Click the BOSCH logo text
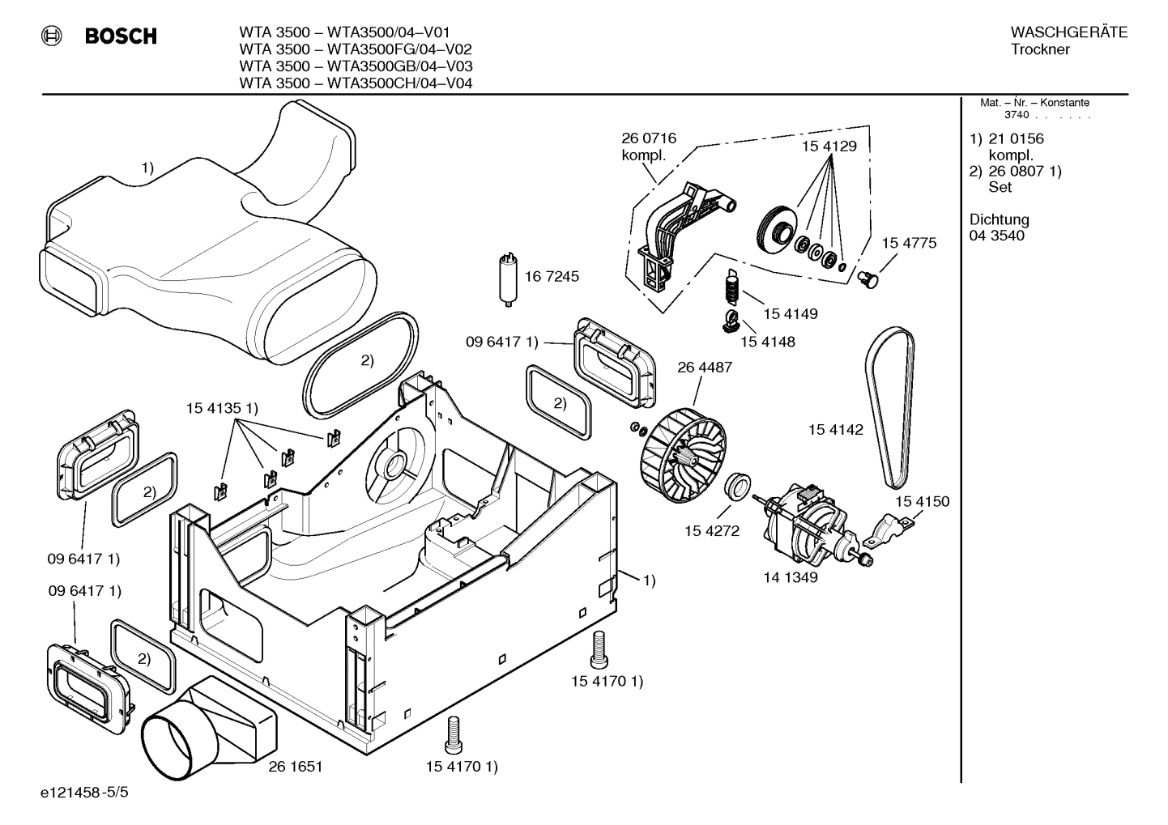(x=120, y=36)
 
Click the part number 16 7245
(x=552, y=276)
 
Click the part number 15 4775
(x=909, y=243)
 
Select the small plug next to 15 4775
(x=868, y=279)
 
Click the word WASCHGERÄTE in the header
(x=1068, y=32)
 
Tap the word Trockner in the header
(x=1040, y=49)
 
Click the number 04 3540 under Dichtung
(x=996, y=236)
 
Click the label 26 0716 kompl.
(x=648, y=147)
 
